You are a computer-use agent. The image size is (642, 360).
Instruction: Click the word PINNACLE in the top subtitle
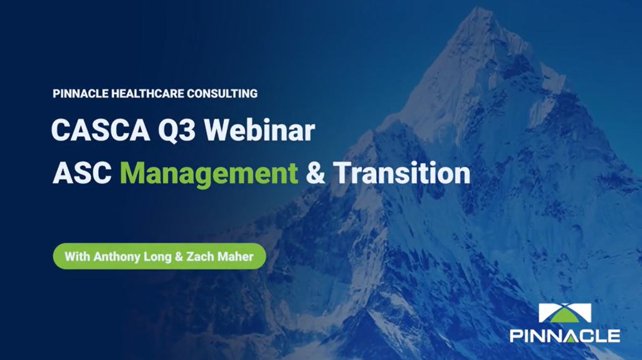click(80, 94)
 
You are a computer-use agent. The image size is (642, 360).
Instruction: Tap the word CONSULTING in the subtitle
click(223, 94)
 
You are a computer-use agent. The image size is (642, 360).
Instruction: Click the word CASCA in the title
click(100, 130)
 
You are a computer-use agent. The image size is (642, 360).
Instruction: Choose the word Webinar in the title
click(260, 130)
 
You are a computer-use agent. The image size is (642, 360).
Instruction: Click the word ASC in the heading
click(82, 173)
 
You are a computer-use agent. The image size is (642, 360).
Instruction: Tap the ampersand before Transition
click(315, 173)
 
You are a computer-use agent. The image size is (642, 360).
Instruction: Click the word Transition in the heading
click(402, 172)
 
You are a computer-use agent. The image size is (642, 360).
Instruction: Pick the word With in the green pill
click(77, 257)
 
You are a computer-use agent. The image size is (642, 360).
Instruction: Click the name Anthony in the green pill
click(117, 257)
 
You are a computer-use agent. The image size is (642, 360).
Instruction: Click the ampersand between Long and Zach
click(179, 257)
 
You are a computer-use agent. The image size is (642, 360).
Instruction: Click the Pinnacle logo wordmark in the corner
click(565, 336)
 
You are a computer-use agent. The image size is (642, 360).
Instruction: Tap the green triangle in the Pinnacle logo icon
click(565, 315)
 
